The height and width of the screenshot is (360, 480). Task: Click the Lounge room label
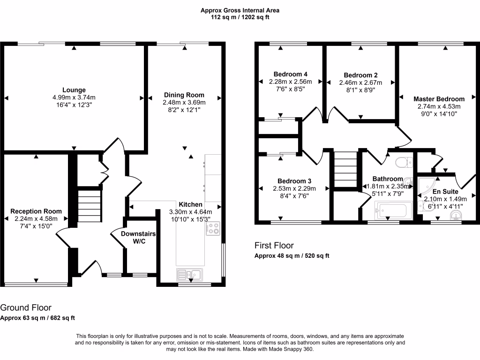tap(74, 90)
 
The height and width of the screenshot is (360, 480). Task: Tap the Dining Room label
tap(184, 95)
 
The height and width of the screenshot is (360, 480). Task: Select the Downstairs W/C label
tap(138, 238)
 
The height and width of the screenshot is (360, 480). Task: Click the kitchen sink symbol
tap(190, 275)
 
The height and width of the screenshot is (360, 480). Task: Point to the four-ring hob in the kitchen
tap(213, 228)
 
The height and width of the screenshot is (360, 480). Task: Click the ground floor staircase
tap(90, 206)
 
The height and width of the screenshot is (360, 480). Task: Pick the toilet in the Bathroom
tap(404, 163)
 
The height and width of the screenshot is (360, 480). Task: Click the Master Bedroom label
tap(439, 99)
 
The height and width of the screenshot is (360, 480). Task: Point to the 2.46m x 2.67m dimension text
tap(360, 82)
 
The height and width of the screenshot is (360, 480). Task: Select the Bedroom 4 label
tap(291, 74)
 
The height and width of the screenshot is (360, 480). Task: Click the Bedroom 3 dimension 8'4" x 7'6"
tap(294, 196)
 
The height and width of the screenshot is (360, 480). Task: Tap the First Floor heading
tap(274, 246)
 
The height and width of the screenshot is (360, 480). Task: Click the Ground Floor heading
tap(26, 307)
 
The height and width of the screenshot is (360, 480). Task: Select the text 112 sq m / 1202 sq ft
tap(240, 17)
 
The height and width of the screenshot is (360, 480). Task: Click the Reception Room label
tap(36, 211)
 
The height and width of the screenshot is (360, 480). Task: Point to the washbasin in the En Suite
tap(456, 215)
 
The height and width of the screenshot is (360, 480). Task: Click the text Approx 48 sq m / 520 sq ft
tap(292, 256)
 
